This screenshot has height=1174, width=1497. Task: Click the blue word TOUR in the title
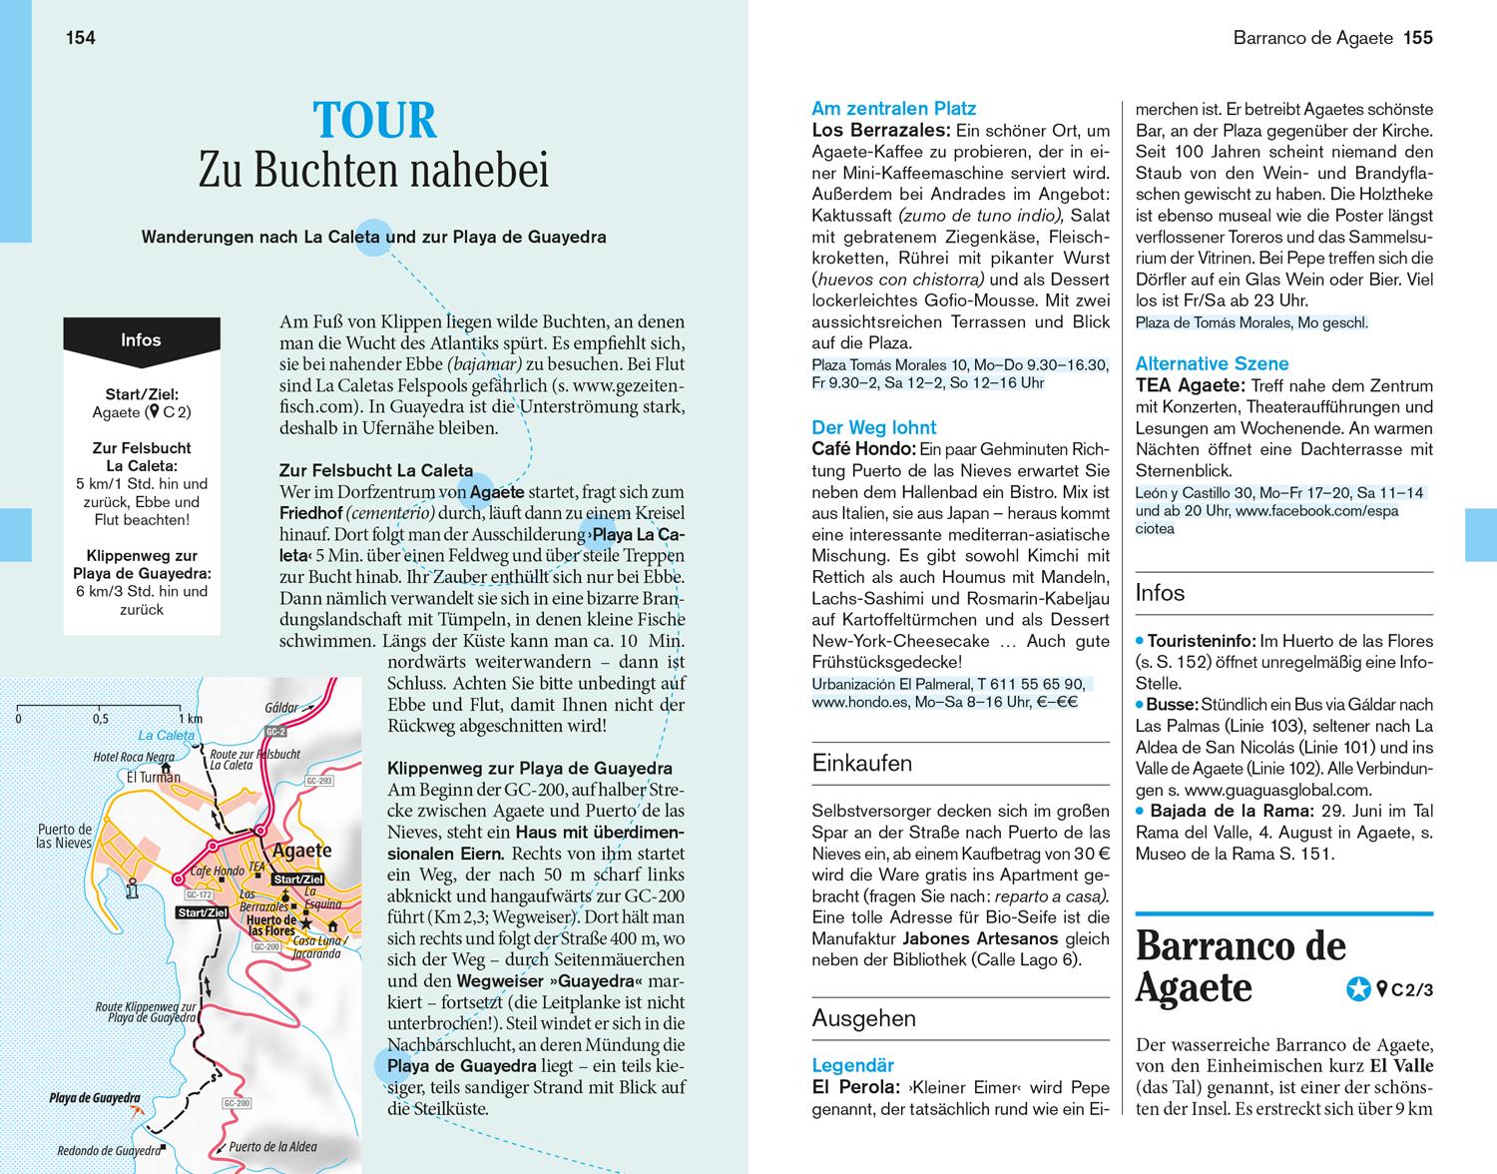point(375,121)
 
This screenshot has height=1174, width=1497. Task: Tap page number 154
point(80,38)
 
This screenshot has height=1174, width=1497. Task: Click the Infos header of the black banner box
point(141,340)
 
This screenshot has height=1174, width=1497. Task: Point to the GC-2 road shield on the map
point(270,732)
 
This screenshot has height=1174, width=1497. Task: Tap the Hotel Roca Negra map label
point(133,758)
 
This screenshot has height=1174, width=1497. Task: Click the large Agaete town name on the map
point(301,852)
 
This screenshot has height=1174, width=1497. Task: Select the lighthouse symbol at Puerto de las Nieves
point(131,891)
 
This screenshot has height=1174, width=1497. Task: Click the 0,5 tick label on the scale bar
point(101,719)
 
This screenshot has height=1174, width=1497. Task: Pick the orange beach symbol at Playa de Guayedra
point(136,1108)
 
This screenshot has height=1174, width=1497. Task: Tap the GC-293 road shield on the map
point(319,781)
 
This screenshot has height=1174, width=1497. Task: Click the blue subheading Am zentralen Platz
point(894,109)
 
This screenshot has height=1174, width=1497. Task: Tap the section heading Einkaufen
point(862,764)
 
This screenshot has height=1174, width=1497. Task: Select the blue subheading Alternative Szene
point(1212,364)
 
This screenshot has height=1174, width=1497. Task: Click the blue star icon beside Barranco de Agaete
point(1357,989)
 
